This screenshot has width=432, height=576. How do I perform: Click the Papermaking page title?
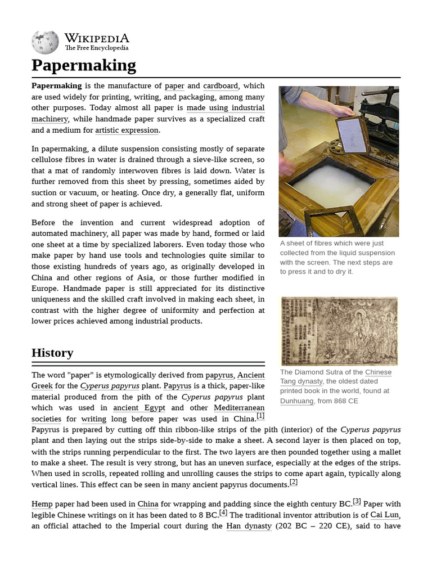pos(84,65)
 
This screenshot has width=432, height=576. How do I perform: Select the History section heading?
pos(52,353)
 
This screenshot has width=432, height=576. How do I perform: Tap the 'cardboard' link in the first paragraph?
pos(221,86)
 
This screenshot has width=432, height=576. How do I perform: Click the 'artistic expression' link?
pos(127,130)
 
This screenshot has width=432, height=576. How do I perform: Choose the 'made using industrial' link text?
pos(226,108)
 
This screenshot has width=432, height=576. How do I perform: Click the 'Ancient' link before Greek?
pos(251,375)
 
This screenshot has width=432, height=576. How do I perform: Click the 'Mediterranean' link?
pos(239,408)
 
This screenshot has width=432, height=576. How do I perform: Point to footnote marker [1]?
pos(260,416)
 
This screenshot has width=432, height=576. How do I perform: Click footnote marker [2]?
pos(294,482)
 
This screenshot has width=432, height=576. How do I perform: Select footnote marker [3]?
pos(357,501)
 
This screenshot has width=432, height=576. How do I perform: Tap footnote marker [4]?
pos(223,512)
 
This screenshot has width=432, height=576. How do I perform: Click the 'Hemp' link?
pos(42,504)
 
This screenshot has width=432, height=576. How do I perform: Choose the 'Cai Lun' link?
pos(385,515)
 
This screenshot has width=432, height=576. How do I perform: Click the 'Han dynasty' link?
pos(249,526)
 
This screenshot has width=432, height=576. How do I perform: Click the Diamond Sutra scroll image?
pos(339,331)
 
